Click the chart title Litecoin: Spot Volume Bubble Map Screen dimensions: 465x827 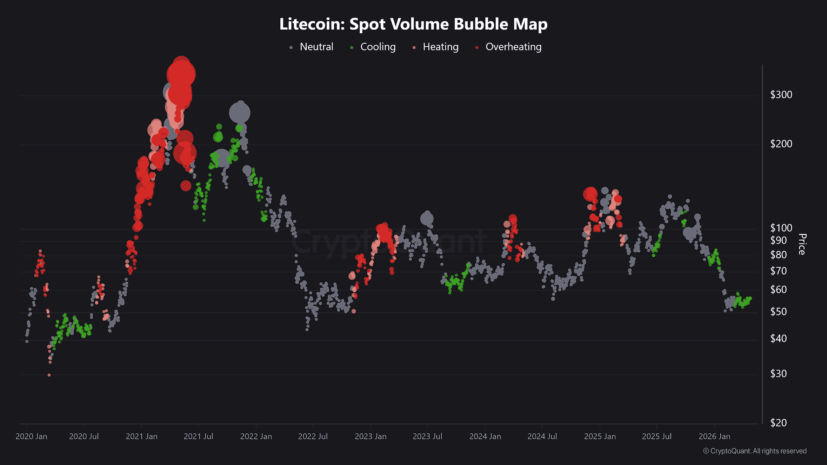[413, 24]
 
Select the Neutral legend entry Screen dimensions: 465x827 [316, 47]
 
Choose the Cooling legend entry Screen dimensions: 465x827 [377, 47]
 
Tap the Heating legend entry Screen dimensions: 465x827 [440, 47]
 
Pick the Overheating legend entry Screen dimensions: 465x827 [513, 47]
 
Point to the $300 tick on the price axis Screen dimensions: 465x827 [781, 95]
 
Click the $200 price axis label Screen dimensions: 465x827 [781, 144]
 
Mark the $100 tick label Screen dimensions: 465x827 [781, 228]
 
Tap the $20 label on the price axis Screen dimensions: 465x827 [778, 423]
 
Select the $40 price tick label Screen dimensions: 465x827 [778, 339]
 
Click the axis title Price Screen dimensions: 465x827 [802, 244]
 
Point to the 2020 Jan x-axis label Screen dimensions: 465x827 [31, 437]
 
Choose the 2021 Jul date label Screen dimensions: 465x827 [198, 437]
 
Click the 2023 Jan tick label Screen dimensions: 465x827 [371, 437]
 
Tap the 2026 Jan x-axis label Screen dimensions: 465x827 [714, 437]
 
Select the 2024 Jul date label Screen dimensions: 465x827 [542, 437]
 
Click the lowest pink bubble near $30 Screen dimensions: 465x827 [49, 375]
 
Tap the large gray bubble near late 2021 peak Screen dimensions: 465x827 [240, 113]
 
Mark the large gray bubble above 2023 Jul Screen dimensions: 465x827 [427, 219]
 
